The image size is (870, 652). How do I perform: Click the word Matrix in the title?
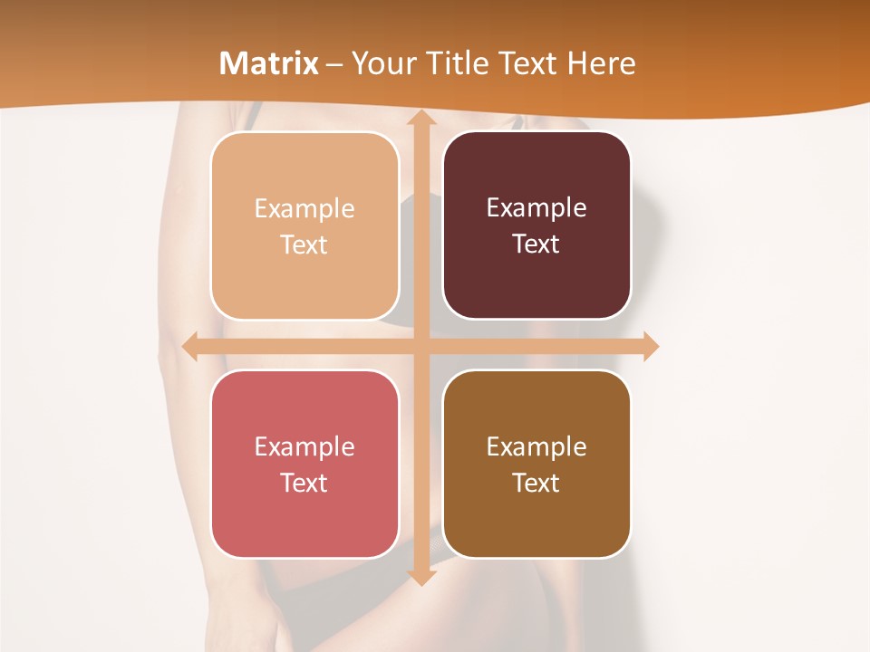click(269, 63)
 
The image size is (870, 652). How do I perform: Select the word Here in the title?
click(601, 63)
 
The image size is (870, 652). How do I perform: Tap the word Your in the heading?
click(380, 63)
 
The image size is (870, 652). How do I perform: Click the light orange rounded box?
click(304, 225)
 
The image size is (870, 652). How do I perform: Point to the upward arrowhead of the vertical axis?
click(420, 119)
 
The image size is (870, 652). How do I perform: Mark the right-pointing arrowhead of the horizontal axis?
click(650, 346)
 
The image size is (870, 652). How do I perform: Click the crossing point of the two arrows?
click(420, 346)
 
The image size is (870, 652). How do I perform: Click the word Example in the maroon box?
click(536, 207)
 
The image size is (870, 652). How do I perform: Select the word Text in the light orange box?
click(304, 244)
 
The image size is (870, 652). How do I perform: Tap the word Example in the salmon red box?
click(304, 446)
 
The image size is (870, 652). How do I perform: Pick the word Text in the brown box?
click(536, 483)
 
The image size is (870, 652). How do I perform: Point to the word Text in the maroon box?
click(536, 244)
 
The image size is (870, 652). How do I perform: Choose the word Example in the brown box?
click(536, 446)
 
